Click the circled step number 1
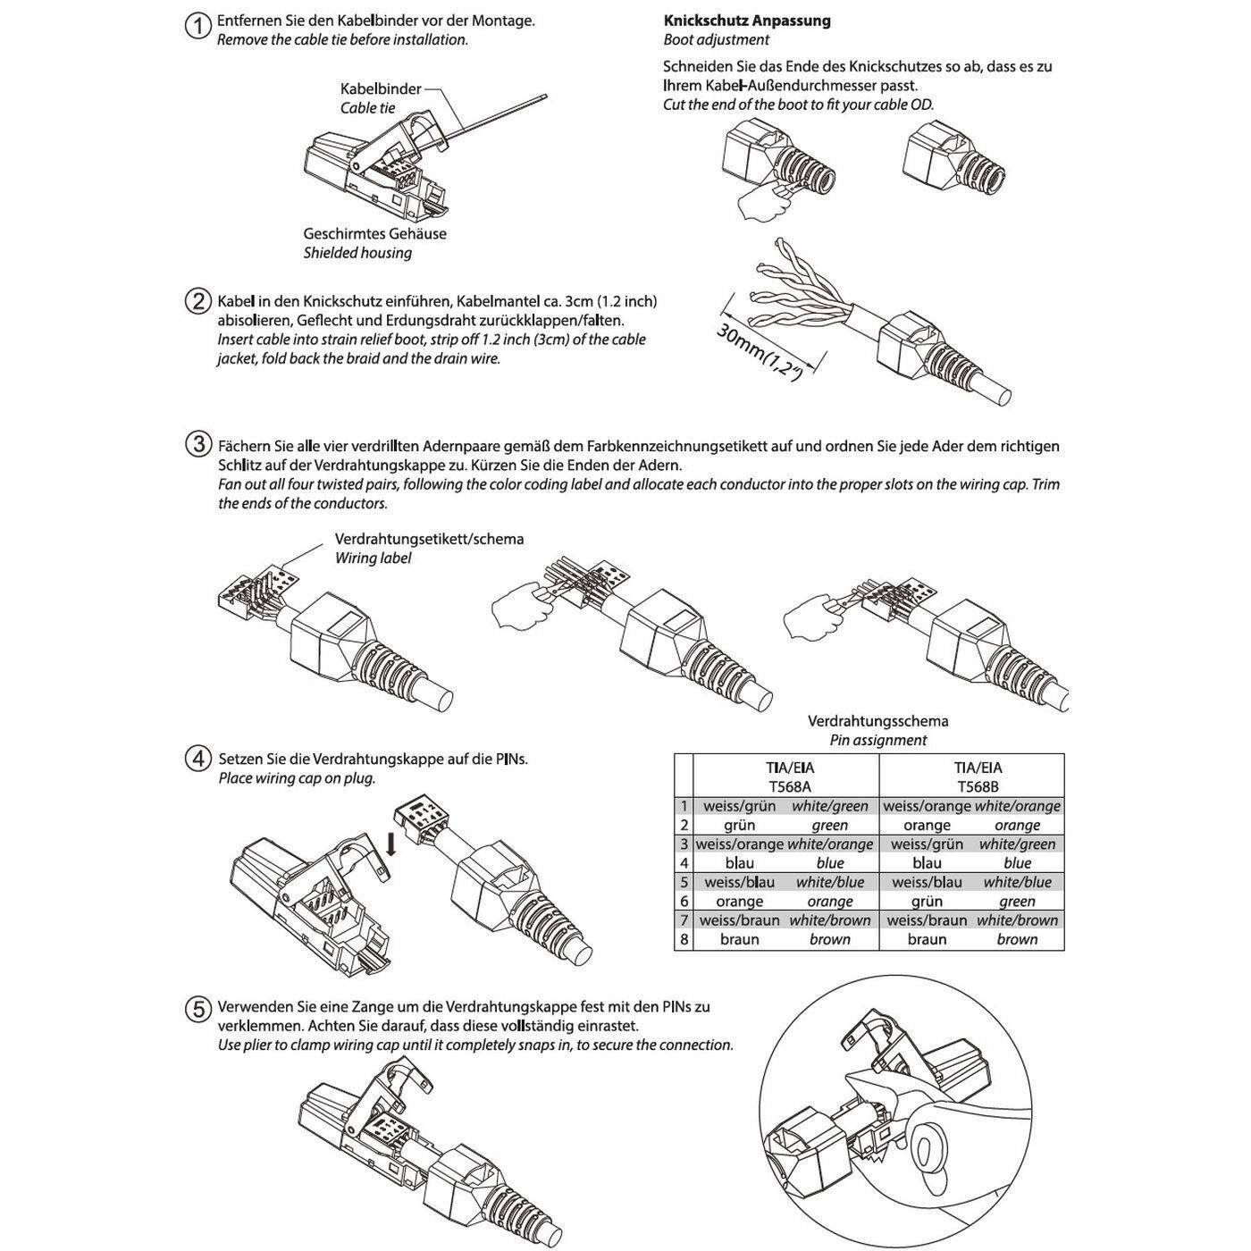[197, 26]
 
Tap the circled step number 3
[197, 444]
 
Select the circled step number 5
[197, 1009]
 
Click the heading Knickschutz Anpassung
[746, 21]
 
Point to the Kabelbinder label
[380, 89]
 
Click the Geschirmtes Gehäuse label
[374, 234]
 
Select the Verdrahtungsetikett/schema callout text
[429, 540]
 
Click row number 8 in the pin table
[684, 939]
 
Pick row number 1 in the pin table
[684, 806]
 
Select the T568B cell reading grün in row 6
[927, 902]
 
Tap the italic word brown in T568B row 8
[1017, 939]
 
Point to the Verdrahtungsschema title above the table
[877, 721]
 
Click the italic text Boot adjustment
[716, 40]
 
